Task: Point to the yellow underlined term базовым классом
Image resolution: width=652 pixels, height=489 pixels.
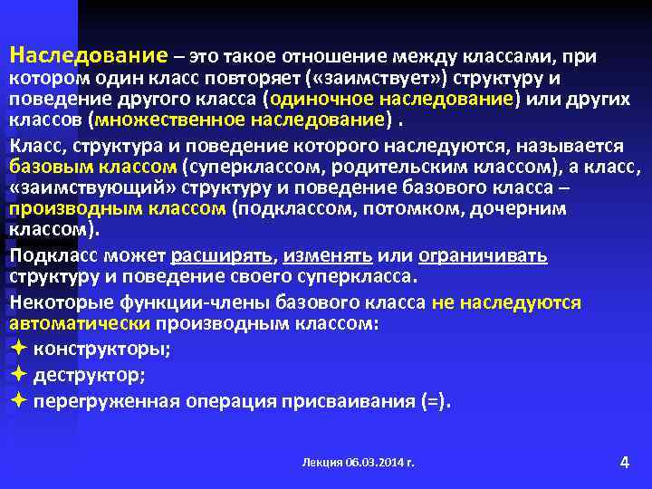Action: point(92,167)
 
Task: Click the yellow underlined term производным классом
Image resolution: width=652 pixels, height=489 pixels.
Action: point(117,209)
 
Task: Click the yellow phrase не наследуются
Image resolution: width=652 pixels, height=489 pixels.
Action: point(506,302)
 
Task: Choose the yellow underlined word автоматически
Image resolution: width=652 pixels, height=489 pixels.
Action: point(80,322)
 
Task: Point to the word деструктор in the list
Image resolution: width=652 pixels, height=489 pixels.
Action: point(89,373)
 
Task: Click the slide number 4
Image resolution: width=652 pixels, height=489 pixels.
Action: point(623,462)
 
